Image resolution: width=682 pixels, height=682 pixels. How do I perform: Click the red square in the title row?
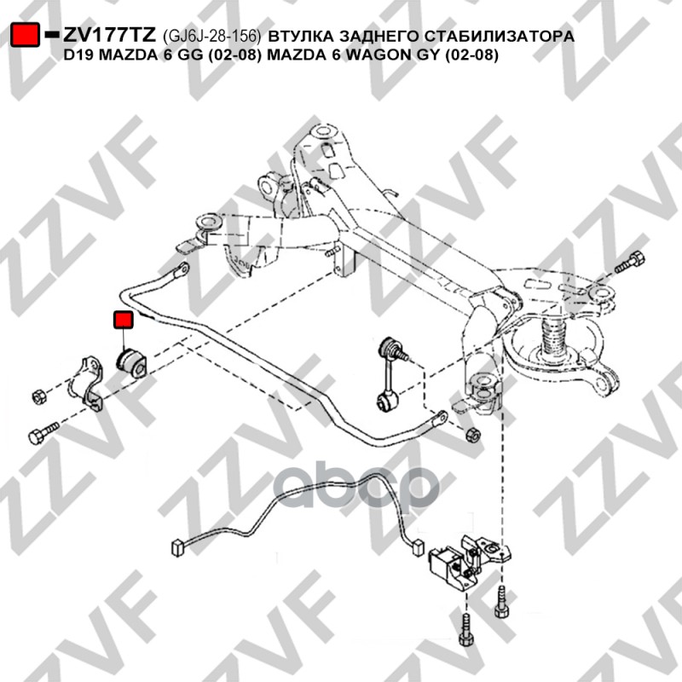(26, 34)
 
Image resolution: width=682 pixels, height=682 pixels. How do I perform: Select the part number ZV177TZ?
(109, 34)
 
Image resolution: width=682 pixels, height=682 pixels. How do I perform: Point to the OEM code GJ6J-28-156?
(211, 36)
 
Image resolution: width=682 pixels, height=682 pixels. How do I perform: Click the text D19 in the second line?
(79, 55)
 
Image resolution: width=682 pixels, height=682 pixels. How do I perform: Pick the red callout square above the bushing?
(123, 320)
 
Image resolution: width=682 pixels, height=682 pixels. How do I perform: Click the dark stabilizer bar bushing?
(132, 361)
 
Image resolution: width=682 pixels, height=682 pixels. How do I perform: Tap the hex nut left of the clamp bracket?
(39, 396)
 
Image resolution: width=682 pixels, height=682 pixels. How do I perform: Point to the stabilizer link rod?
(390, 373)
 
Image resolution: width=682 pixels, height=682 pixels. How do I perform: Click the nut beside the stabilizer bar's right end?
(472, 434)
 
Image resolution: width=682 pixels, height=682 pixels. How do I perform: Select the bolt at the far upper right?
(630, 262)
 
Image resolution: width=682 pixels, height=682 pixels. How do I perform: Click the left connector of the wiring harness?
(177, 547)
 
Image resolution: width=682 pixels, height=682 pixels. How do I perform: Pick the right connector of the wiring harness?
(417, 546)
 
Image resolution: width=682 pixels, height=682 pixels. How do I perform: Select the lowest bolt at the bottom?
(465, 629)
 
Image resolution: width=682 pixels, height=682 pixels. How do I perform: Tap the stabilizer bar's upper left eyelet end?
(180, 270)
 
